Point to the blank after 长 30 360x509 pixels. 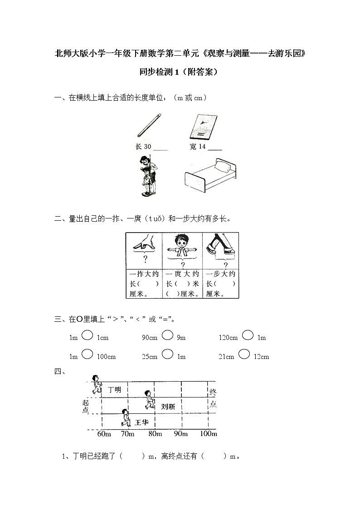coord(161,148)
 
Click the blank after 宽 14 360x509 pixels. coord(215,148)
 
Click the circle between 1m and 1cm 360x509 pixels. coord(88,335)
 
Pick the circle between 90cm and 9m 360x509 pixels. coord(167,335)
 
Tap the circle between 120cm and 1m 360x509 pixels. coord(248,335)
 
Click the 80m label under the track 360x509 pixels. coord(155,434)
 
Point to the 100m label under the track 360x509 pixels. coord(208,434)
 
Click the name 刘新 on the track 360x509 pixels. coord(168,407)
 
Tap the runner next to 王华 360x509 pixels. coord(126,418)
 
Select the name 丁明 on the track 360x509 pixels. coord(115,389)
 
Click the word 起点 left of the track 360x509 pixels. coord(86,406)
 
